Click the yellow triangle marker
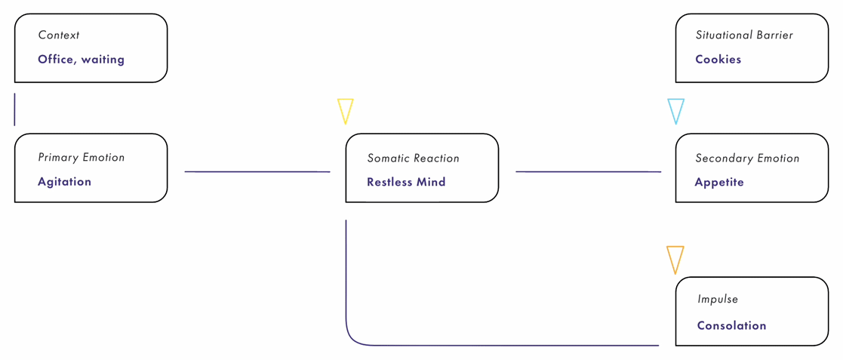tap(345, 109)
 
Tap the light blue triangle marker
tap(675, 109)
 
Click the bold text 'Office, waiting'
tap(81, 60)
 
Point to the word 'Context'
tap(59, 35)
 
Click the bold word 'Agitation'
tap(64, 182)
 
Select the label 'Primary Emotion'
tap(82, 158)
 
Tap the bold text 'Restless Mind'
tap(406, 182)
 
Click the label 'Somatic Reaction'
tap(413, 158)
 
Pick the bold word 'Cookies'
tap(718, 60)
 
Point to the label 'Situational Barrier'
tap(744, 35)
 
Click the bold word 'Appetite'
tap(719, 182)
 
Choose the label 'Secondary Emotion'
tap(747, 158)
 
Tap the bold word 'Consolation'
tap(731, 326)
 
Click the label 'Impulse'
tap(718, 300)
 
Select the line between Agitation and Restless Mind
tap(257, 172)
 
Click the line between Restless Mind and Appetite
tap(588, 172)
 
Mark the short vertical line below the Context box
tap(14, 109)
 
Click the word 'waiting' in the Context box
tap(103, 60)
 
